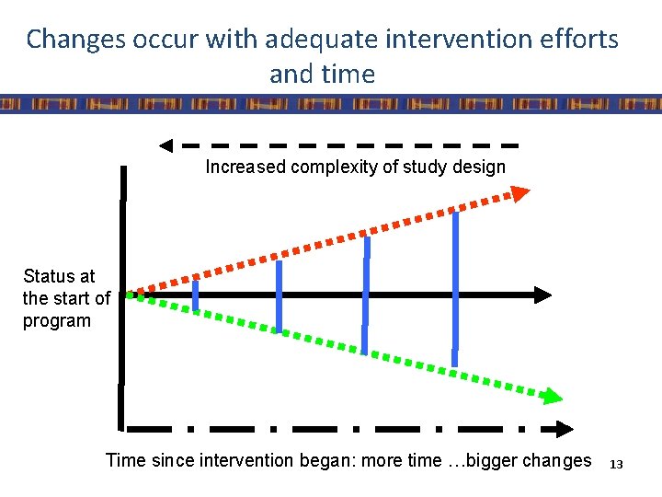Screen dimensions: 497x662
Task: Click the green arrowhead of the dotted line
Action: [551, 397]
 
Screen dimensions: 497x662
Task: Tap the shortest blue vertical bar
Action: [195, 295]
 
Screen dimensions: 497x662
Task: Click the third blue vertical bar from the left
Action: [366, 295]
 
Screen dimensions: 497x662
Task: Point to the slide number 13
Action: [616, 465]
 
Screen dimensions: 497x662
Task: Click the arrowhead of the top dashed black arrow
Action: [166, 145]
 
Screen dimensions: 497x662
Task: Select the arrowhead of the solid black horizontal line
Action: [542, 295]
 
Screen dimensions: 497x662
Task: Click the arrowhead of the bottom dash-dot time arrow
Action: [560, 429]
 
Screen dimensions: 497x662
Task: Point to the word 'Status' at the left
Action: [46, 276]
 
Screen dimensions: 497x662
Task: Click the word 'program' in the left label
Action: [57, 321]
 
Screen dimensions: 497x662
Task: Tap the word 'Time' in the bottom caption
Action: [125, 460]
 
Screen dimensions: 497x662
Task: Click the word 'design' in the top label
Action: [479, 167]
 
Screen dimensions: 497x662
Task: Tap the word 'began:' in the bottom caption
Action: [326, 460]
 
